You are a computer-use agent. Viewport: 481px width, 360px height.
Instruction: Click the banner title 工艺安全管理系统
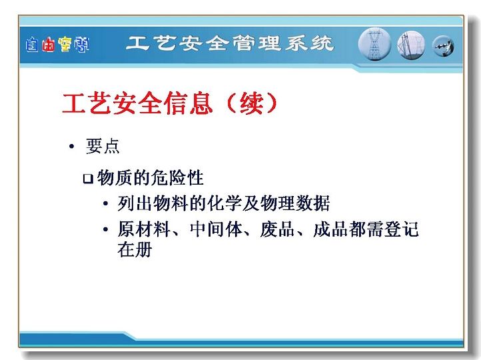pos(229,43)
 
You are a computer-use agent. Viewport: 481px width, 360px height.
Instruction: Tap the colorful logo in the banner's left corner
pos(57,45)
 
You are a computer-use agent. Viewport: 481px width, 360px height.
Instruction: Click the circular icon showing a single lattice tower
pos(374,44)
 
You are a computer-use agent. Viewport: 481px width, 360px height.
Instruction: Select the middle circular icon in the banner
pos(411,45)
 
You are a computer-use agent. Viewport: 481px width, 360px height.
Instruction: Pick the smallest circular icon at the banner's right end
pos(443,47)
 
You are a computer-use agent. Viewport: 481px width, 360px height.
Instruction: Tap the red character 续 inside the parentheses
pos(252,103)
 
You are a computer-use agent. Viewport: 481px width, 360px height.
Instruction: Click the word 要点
pos(103,146)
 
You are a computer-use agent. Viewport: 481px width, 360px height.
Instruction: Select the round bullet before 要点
pos(72,147)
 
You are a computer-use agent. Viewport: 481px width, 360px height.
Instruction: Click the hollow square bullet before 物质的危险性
pos(88,178)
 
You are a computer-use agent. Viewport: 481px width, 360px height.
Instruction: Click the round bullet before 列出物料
pos(105,203)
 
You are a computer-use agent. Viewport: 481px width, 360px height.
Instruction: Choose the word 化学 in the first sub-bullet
pos(225,203)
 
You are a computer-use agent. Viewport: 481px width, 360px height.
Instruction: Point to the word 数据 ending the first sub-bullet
pos(312,203)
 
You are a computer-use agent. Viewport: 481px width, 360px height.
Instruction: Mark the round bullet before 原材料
pos(105,229)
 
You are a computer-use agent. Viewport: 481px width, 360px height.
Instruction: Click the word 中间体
pos(216,229)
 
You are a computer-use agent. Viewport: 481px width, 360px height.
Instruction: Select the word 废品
pos(278,229)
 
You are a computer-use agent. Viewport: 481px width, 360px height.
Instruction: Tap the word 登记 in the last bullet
pos(401,229)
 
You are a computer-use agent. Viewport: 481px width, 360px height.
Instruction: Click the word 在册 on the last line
pos(135,249)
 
